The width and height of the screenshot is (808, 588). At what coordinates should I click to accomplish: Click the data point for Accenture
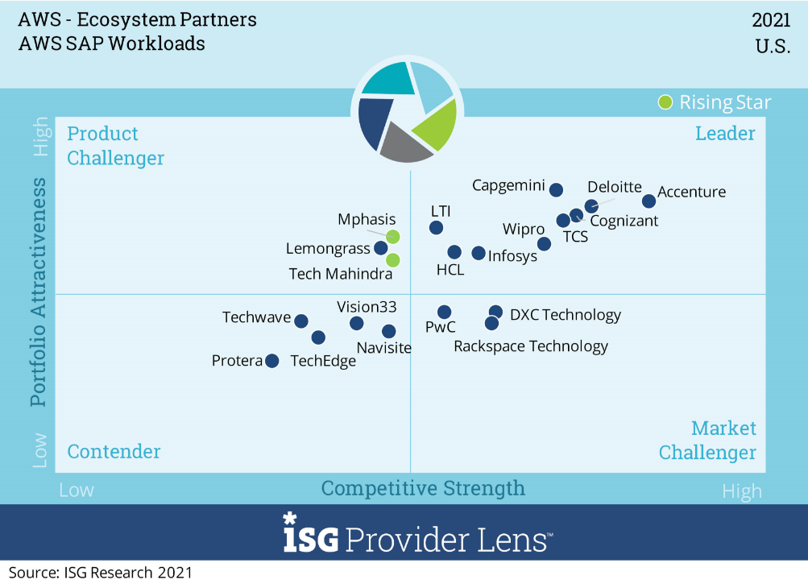pyautogui.click(x=648, y=201)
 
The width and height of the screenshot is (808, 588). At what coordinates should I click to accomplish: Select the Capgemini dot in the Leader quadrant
pyautogui.click(x=556, y=190)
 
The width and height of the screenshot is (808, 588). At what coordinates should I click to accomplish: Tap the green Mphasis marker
pyautogui.click(x=392, y=236)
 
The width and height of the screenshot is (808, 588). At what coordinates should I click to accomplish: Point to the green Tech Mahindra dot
pyautogui.click(x=392, y=260)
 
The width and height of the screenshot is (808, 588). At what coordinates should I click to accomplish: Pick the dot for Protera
pyautogui.click(x=272, y=361)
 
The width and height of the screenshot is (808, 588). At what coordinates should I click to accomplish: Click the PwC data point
pyautogui.click(x=444, y=312)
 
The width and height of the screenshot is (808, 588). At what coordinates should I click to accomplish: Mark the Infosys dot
pyautogui.click(x=479, y=253)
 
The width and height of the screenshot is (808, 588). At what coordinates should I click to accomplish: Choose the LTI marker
pyautogui.click(x=436, y=227)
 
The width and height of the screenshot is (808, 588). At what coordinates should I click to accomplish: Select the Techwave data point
pyautogui.click(x=301, y=321)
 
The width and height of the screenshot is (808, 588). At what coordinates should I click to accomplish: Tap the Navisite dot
pyautogui.click(x=388, y=331)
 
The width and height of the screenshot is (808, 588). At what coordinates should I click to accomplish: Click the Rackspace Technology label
pyautogui.click(x=531, y=346)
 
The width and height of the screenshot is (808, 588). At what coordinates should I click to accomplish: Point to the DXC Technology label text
pyautogui.click(x=566, y=314)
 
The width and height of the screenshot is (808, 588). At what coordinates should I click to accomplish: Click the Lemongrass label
pyautogui.click(x=328, y=249)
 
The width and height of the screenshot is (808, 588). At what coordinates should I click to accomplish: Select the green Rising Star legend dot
pyautogui.click(x=665, y=101)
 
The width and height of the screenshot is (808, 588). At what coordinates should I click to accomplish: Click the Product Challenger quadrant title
pyautogui.click(x=115, y=146)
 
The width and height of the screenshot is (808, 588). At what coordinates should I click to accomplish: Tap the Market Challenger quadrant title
pyautogui.click(x=707, y=440)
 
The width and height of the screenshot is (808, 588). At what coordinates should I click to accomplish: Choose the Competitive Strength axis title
pyautogui.click(x=423, y=488)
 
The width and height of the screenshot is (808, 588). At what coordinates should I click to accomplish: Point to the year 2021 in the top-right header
pyautogui.click(x=771, y=21)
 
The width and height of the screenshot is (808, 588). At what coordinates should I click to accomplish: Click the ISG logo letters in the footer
pyautogui.click(x=311, y=536)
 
